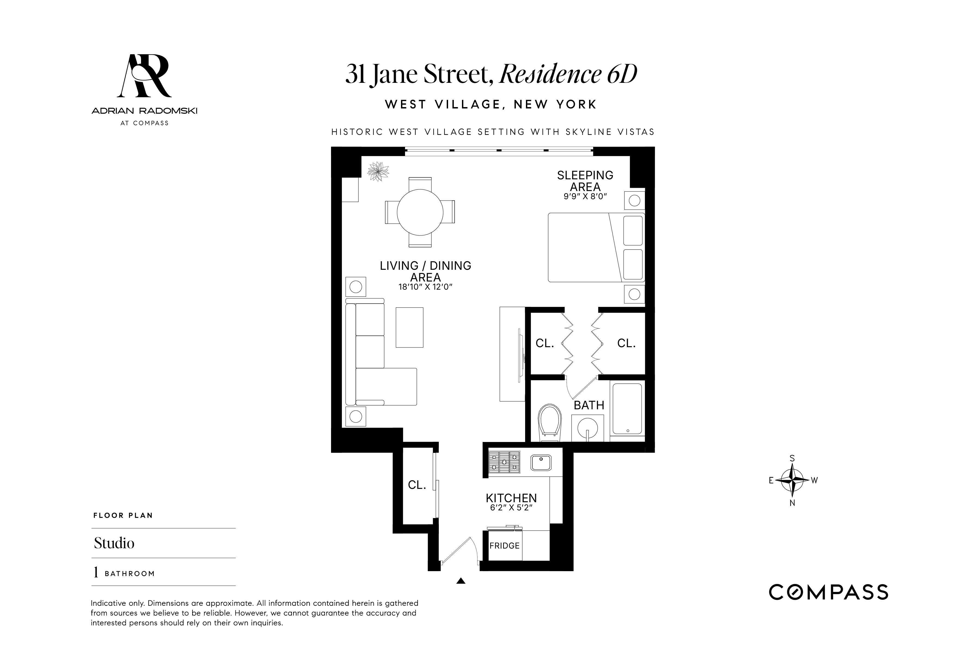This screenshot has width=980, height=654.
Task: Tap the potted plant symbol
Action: click(378, 171)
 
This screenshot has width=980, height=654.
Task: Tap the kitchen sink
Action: click(541, 462)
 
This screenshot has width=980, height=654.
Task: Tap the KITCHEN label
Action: click(511, 498)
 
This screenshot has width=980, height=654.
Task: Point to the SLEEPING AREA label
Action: click(585, 181)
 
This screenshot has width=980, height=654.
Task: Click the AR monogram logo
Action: click(144, 76)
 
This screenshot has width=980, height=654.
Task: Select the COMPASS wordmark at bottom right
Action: click(828, 592)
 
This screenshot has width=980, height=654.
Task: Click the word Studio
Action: click(114, 543)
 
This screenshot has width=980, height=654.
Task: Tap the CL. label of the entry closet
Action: click(417, 485)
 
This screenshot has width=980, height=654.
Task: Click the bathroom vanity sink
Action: click(587, 428)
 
